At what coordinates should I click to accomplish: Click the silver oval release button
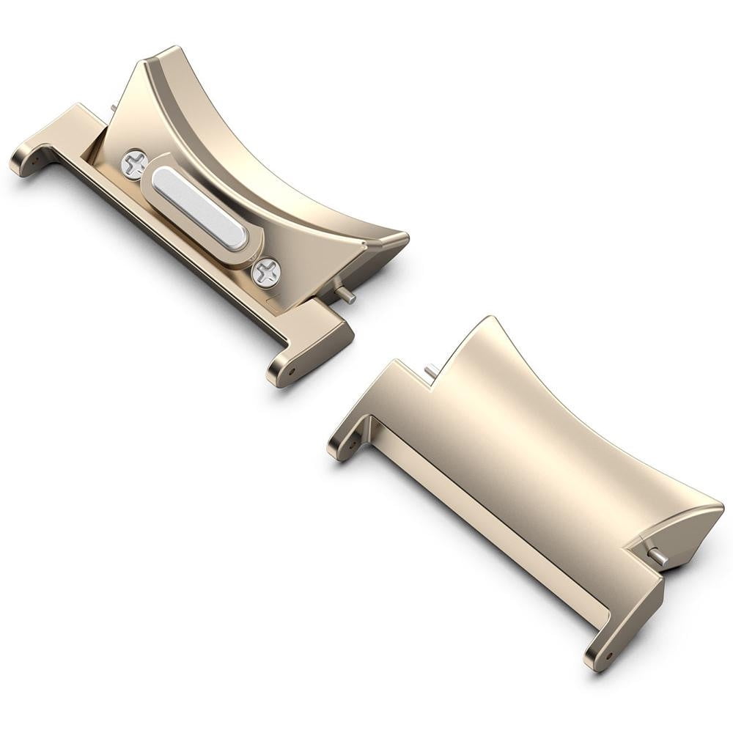(x=199, y=207)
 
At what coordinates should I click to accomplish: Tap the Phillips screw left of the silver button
(x=134, y=164)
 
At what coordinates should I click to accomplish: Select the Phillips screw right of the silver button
(x=266, y=273)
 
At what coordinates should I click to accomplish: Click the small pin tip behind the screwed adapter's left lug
(x=114, y=108)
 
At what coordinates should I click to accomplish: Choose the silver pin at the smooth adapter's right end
(x=659, y=556)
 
